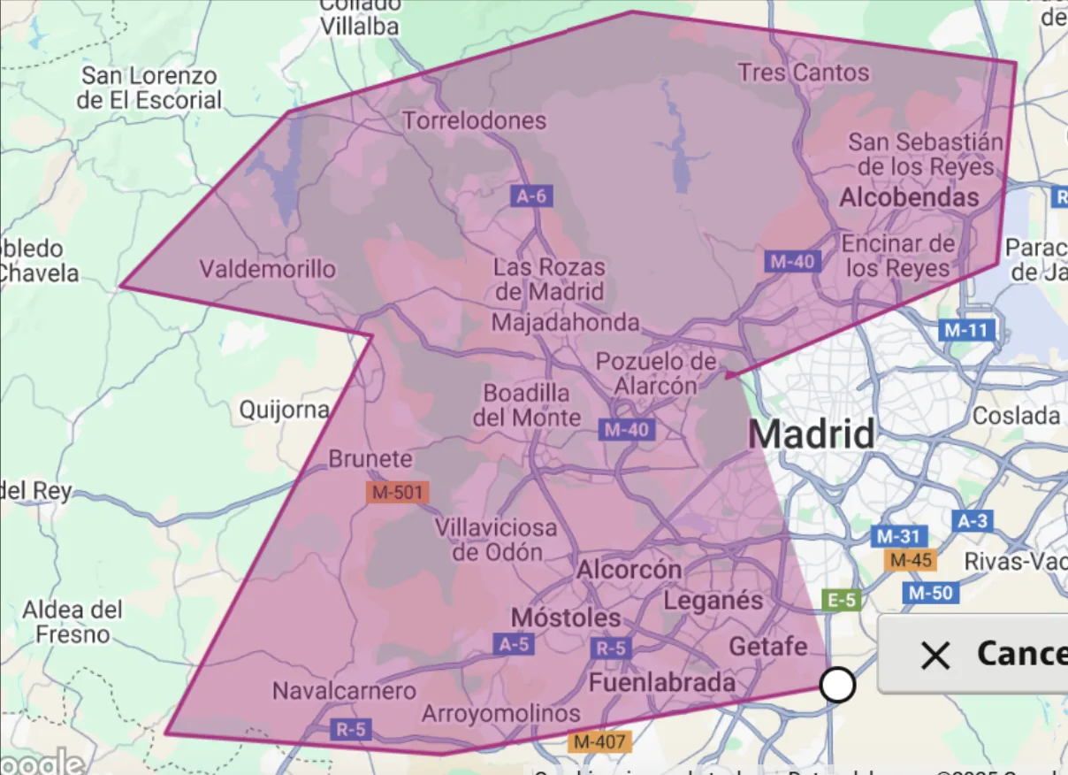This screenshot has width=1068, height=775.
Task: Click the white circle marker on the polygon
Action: pyautogui.click(x=837, y=685)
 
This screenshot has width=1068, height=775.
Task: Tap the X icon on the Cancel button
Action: pyautogui.click(x=934, y=656)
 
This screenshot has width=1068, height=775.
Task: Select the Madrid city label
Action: pyautogui.click(x=812, y=434)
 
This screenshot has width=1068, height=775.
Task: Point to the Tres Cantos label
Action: pyautogui.click(x=804, y=73)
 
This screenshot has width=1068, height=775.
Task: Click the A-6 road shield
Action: pyautogui.click(x=531, y=196)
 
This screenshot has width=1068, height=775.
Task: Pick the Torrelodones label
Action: pyautogui.click(x=475, y=120)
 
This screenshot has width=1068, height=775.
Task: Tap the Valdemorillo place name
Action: pyautogui.click(x=268, y=268)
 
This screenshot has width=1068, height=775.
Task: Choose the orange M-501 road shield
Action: pyautogui.click(x=398, y=493)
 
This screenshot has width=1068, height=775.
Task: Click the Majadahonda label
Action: pyautogui.click(x=565, y=322)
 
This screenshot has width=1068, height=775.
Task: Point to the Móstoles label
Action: pyautogui.click(x=567, y=617)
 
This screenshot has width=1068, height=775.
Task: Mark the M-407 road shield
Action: pyautogui.click(x=600, y=742)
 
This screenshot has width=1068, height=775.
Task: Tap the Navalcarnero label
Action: pyautogui.click(x=344, y=691)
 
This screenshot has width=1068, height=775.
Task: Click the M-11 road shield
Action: pyautogui.click(x=966, y=331)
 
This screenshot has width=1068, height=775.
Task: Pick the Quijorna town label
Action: pyautogui.click(x=285, y=411)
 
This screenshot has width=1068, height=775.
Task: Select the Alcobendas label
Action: pyautogui.click(x=909, y=197)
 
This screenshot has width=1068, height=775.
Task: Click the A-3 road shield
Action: pyautogui.click(x=972, y=520)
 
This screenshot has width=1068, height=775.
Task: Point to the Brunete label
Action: pyautogui.click(x=370, y=459)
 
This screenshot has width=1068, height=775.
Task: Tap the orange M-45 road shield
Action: pyautogui.click(x=910, y=560)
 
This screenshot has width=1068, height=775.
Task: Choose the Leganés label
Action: pyautogui.click(x=713, y=601)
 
